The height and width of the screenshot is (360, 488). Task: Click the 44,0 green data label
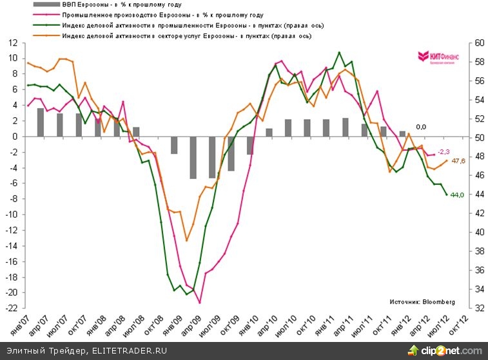point(458,195)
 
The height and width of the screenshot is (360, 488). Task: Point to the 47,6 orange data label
point(459,161)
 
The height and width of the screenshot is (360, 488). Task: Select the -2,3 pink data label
point(444,151)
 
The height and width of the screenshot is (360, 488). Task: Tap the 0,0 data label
point(422,127)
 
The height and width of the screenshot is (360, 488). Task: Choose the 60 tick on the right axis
point(478,43)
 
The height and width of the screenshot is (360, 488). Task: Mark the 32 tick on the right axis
point(478,308)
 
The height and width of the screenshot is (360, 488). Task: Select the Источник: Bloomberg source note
point(422,301)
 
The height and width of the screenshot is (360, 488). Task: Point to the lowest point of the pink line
point(200,302)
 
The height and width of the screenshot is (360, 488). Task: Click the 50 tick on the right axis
point(478,138)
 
